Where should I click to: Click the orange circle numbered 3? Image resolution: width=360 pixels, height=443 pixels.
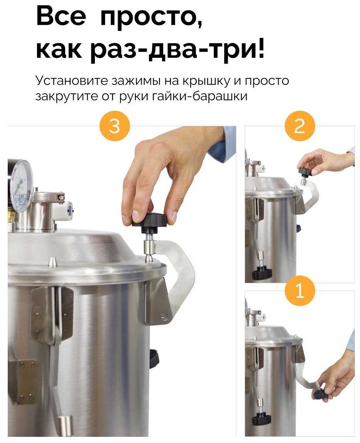click(115, 126)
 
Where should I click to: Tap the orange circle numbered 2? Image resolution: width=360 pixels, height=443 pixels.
click(299, 126)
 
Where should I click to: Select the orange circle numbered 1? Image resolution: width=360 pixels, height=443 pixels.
click(299, 291)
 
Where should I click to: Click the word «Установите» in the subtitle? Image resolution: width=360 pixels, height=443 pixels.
click(72, 81)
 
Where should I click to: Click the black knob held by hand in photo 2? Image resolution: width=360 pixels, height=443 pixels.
click(305, 171)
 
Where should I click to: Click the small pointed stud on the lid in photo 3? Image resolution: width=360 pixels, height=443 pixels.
click(51, 262)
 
